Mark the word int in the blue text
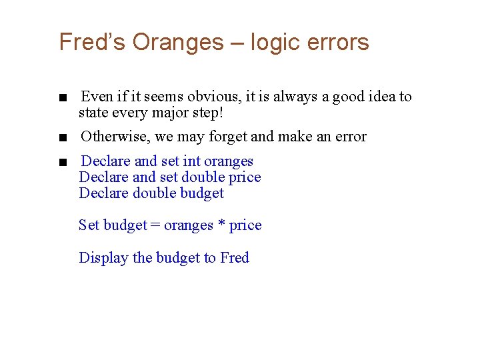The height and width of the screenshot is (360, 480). (192, 161)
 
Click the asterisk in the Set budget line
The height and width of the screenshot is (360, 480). (221, 226)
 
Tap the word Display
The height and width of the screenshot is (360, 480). (103, 258)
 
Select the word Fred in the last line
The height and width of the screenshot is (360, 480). (235, 258)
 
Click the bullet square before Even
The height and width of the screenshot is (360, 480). (62, 98)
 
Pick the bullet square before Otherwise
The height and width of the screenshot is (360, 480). (62, 138)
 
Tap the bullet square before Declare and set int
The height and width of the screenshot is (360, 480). (62, 163)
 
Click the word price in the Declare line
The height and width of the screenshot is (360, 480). (244, 177)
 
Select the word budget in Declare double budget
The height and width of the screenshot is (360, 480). (203, 193)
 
